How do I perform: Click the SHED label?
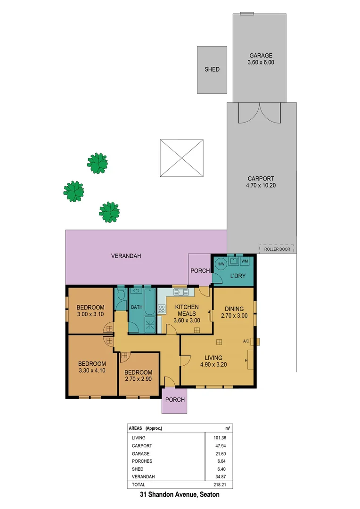[212, 69]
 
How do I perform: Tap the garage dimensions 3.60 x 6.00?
[261, 62]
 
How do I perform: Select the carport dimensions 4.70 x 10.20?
[261, 186]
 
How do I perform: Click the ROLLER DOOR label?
[277, 249]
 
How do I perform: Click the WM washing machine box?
[245, 261]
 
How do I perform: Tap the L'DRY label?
[233, 275]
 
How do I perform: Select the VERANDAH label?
[126, 256]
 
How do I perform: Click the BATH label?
[137, 307]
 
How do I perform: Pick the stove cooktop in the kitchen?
[162, 309]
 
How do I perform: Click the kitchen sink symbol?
[181, 293]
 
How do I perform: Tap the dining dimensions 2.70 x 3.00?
[234, 316]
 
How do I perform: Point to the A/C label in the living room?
[246, 341]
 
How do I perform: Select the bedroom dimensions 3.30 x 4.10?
[92, 370]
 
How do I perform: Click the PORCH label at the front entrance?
[174, 400]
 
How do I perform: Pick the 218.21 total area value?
[221, 484]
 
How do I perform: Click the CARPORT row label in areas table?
[142, 445]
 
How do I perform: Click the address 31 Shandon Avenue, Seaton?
[180, 495]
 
